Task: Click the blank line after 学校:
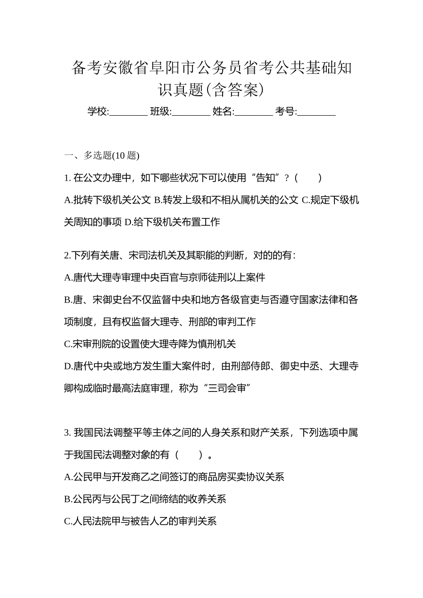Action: pos(128,113)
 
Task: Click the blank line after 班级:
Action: pos(191,113)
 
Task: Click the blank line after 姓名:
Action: pos(253,113)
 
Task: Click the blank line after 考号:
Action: pos(316,113)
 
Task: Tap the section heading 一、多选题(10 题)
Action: pos(102,155)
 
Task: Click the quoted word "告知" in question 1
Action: pos(266,178)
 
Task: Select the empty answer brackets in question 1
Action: pos(309,178)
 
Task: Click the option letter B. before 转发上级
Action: pos(158,200)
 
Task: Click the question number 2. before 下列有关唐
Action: pos(67,255)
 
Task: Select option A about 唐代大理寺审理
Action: pos(165,278)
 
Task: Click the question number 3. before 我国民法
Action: pos(67,432)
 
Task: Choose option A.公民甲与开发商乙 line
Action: pos(174,477)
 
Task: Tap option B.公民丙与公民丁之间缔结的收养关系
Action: pos(145,499)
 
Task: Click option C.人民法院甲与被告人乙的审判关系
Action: pos(140,521)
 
